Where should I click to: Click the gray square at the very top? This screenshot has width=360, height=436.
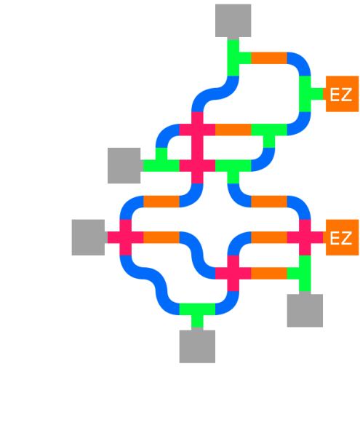coord(233,20)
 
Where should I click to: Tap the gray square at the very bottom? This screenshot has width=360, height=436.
coord(197,346)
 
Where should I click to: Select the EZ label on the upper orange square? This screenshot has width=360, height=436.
coord(341,95)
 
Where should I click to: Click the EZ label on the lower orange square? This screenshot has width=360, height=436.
coord(341,238)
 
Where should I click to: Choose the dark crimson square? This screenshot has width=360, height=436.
coord(342,309)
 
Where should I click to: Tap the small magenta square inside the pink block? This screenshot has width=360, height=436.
coord(185,148)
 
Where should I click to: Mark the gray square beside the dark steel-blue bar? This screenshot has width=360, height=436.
coord(125,165)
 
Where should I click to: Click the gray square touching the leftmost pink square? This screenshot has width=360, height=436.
coord(89,237)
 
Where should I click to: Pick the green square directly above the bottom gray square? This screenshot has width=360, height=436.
coord(197,314)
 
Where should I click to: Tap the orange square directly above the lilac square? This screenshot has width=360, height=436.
coord(269,64)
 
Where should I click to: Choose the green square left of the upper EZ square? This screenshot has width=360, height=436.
coord(311,93)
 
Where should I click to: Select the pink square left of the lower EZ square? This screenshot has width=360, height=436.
coord(305,242)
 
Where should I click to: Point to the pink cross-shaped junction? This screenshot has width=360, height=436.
coord(233,274)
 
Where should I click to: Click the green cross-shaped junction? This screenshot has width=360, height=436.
coord(305,274)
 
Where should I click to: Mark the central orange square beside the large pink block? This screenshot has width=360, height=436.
coord(233,141)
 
